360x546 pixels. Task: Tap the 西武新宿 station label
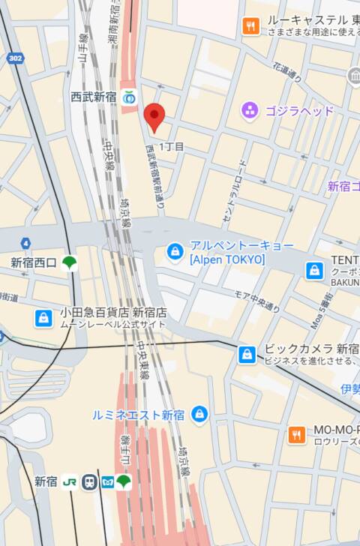(93, 97)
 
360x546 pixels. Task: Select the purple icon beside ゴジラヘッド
(250, 111)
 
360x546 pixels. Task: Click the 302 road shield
(15, 58)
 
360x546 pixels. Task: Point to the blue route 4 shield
(25, 243)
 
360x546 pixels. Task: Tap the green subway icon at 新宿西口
(70, 262)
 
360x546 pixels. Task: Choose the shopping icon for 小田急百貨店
(44, 317)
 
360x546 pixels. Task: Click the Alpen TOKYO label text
(227, 259)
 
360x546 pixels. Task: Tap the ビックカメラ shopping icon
(247, 354)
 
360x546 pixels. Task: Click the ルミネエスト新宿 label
(138, 414)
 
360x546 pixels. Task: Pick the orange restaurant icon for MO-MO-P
(297, 434)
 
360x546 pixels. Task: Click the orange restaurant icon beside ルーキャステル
(250, 27)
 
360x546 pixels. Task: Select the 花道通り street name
(287, 72)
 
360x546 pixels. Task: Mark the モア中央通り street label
(257, 301)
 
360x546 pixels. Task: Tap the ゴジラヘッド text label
(298, 111)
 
